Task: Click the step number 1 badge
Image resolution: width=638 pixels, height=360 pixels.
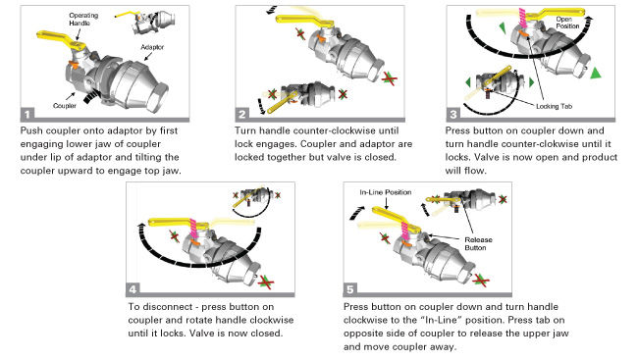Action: click(27, 114)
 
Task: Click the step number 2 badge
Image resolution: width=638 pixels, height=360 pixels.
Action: click(242, 114)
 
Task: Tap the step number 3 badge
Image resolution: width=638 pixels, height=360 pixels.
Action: click(453, 114)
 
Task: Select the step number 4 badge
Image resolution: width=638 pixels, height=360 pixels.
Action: click(133, 288)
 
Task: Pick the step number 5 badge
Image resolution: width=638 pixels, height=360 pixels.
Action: click(350, 288)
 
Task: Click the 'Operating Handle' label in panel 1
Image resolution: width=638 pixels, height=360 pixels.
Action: click(83, 19)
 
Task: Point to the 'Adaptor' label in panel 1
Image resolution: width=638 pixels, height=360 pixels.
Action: click(152, 47)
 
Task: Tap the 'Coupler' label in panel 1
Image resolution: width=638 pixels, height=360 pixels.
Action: click(65, 106)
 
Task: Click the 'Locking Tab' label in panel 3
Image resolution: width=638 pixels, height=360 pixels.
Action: click(554, 106)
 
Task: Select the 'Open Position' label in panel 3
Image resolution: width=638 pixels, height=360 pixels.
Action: click(567, 23)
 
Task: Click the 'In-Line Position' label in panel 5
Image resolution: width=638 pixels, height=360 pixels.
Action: click(386, 192)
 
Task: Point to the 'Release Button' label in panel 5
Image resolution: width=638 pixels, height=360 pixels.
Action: click(478, 243)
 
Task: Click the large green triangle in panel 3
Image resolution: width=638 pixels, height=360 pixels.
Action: click(596, 74)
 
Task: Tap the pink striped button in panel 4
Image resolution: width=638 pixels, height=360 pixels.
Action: click(192, 229)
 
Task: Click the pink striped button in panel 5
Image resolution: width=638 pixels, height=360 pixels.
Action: click(405, 231)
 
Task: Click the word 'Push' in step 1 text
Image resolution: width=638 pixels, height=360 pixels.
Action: click(31, 131)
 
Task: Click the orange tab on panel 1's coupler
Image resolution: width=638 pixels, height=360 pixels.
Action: click(74, 64)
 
